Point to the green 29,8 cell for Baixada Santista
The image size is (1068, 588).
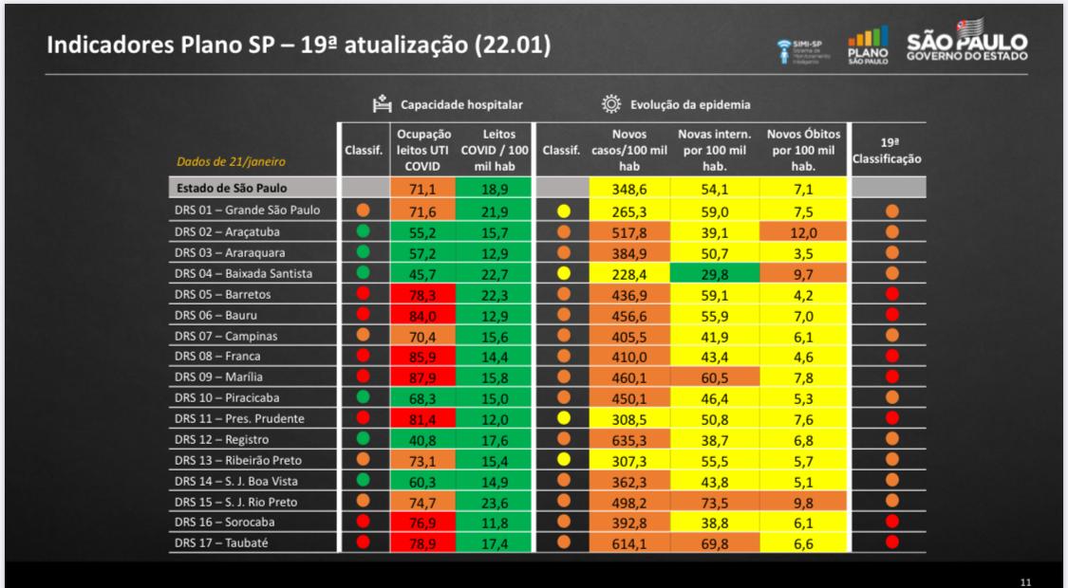coord(715,272)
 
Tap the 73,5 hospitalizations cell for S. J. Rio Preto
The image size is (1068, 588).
coord(715,502)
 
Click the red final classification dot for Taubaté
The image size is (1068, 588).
coord(891,542)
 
